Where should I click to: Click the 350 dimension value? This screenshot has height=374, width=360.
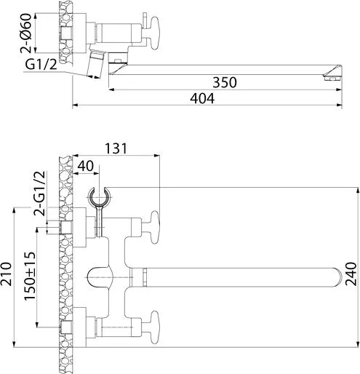pyautogui.click(x=225, y=82)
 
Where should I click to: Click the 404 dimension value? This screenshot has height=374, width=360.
pyautogui.click(x=202, y=98)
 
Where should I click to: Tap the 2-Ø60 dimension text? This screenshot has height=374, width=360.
pyautogui.click(x=25, y=33)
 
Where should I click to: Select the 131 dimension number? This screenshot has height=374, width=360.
pyautogui.click(x=116, y=148)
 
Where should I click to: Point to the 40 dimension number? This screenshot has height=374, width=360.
pyautogui.click(x=86, y=166)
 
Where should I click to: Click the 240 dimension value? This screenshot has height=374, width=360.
pyautogui.click(x=351, y=274)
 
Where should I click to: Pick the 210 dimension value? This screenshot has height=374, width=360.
pyautogui.click(x=6, y=274)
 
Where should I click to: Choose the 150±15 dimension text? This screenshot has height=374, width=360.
pyautogui.click(x=30, y=276)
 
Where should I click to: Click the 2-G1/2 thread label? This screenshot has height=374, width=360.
pyautogui.click(x=39, y=194)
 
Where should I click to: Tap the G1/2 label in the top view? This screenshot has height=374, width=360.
pyautogui.click(x=41, y=65)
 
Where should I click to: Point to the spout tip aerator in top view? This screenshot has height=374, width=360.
pyautogui.click(x=332, y=78)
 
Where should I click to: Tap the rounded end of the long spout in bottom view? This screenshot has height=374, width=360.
pyautogui.click(x=337, y=277)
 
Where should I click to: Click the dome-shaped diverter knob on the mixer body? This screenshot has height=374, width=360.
pyautogui.click(x=100, y=277)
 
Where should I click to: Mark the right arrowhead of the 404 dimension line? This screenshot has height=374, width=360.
pyautogui.click(x=339, y=106)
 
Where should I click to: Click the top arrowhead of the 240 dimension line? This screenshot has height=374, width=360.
pyautogui.click(x=358, y=190)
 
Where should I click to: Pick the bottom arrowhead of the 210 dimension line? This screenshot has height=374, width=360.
pyautogui.click(x=15, y=344)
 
